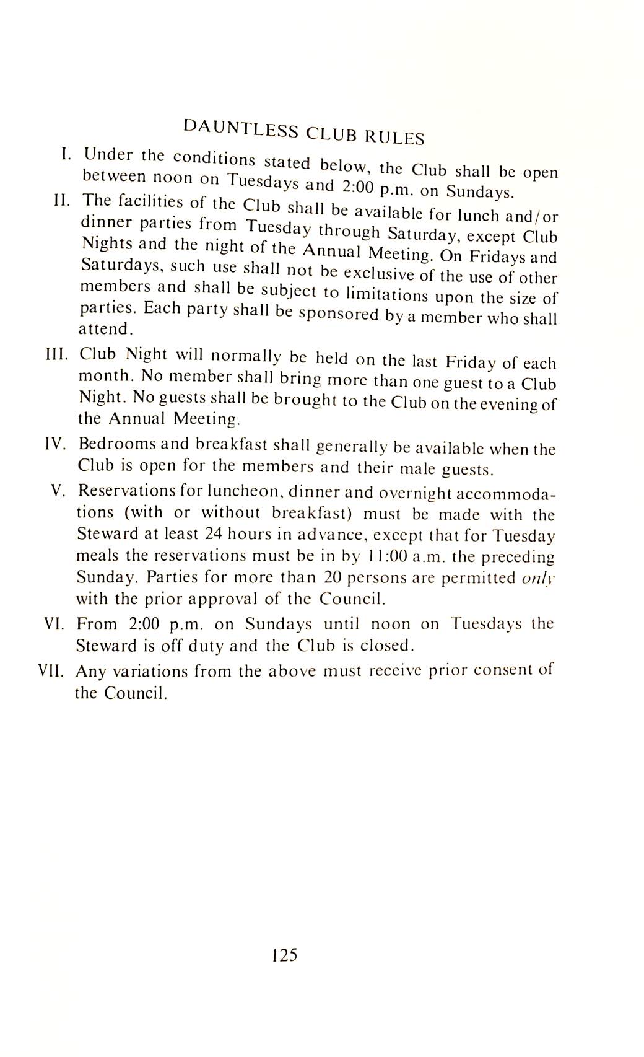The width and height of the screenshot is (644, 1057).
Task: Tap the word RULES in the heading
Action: point(394,136)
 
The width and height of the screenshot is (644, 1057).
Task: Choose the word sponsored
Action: point(337,314)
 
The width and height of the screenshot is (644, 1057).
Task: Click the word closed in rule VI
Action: point(386,646)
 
